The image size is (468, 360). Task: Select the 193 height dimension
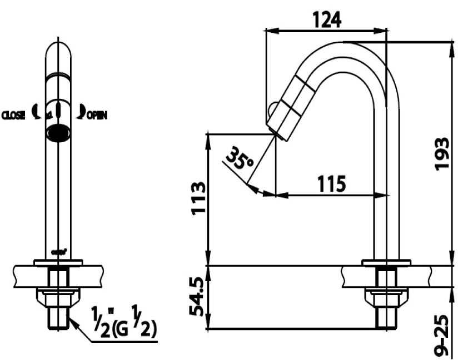tap(442, 153)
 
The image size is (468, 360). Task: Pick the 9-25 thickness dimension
tap(442, 337)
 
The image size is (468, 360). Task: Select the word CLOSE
tap(13, 116)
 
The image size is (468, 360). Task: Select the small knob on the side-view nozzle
tap(272, 108)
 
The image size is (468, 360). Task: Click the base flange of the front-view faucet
tap(58, 262)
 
